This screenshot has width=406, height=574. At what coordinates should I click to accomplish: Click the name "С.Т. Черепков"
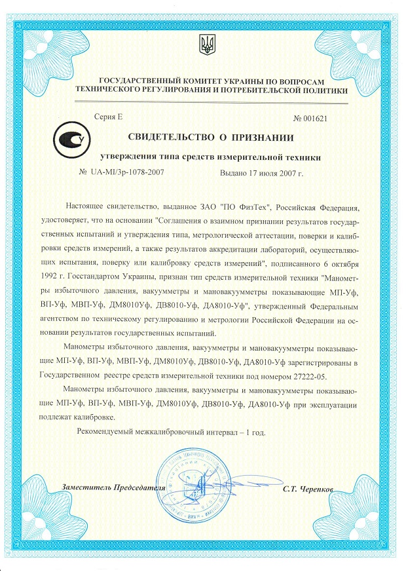click(x=309, y=489)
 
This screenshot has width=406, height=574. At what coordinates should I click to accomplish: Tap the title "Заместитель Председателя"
click(x=109, y=489)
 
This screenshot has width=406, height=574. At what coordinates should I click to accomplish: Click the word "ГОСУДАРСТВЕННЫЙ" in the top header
click(x=126, y=79)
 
